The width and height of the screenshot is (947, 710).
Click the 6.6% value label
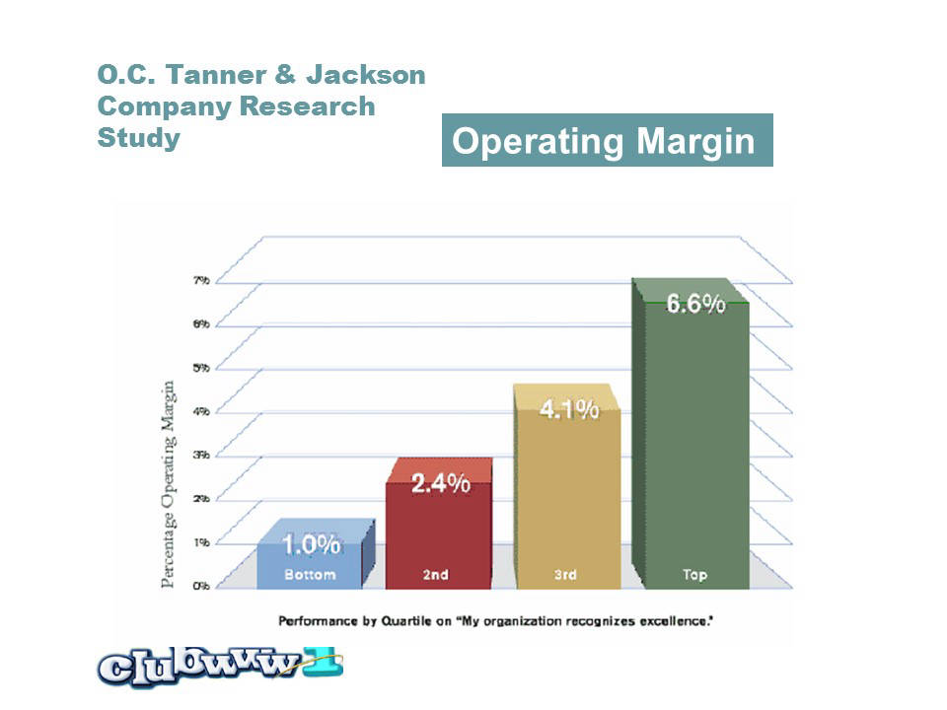[695, 304]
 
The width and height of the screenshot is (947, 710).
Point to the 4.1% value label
[569, 409]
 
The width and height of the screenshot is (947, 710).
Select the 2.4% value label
[440, 484]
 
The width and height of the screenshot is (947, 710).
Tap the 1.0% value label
[311, 543]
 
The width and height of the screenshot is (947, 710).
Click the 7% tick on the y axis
[200, 281]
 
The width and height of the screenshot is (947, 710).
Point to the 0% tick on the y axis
[200, 586]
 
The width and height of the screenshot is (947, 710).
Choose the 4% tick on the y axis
[200, 411]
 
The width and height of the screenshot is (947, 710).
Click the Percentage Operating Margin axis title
[170, 483]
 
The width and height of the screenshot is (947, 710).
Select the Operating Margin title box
[607, 141]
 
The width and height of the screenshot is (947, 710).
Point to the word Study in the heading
[138, 137]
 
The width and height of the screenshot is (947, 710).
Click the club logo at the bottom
[219, 667]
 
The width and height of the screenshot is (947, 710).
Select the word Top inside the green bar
[694, 574]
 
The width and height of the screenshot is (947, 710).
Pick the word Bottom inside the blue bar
[310, 574]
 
